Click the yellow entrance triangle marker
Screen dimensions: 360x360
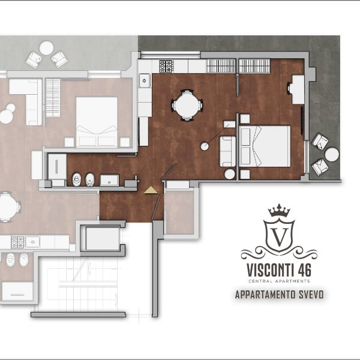pos(151,190)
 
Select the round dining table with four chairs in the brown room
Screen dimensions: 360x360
pos(187,106)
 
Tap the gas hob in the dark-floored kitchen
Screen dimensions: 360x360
pos(166,66)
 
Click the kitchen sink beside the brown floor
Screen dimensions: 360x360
pos(145,80)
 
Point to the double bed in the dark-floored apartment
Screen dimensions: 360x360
pos(265,146)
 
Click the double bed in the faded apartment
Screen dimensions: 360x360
pos(97,122)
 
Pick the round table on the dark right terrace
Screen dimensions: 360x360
pos(332,154)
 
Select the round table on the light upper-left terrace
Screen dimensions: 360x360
pos(46,48)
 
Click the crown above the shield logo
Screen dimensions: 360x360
pos(279,211)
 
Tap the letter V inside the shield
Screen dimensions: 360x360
pos(279,237)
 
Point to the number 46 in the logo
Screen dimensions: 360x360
pos(305,270)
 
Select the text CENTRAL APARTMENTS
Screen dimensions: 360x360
pos(279,281)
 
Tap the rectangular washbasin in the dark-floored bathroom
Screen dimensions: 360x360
pos(109,180)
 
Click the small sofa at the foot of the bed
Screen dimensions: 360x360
pos(227,152)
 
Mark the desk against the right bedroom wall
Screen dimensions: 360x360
pos(298,89)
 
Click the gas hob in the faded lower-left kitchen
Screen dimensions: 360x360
pos(17,242)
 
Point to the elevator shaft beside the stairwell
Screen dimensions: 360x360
pos(103,238)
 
